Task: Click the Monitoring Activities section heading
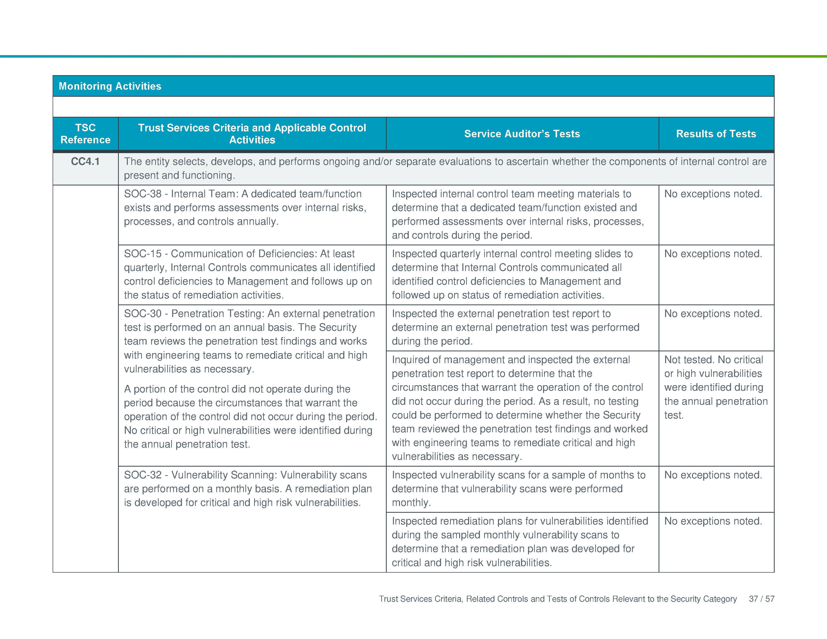pyautogui.click(x=110, y=86)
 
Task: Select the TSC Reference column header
pyautogui.click(x=85, y=134)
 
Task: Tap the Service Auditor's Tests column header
pyautogui.click(x=522, y=134)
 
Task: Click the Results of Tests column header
pyautogui.click(x=716, y=134)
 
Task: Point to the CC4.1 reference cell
pyautogui.click(x=85, y=162)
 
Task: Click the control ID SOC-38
pyautogui.click(x=143, y=194)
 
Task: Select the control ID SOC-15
pyautogui.click(x=143, y=254)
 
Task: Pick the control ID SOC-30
pyautogui.click(x=143, y=313)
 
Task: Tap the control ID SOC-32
pyautogui.click(x=143, y=475)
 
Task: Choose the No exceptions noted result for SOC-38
pyautogui.click(x=713, y=194)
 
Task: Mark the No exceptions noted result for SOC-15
pyautogui.click(x=713, y=254)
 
